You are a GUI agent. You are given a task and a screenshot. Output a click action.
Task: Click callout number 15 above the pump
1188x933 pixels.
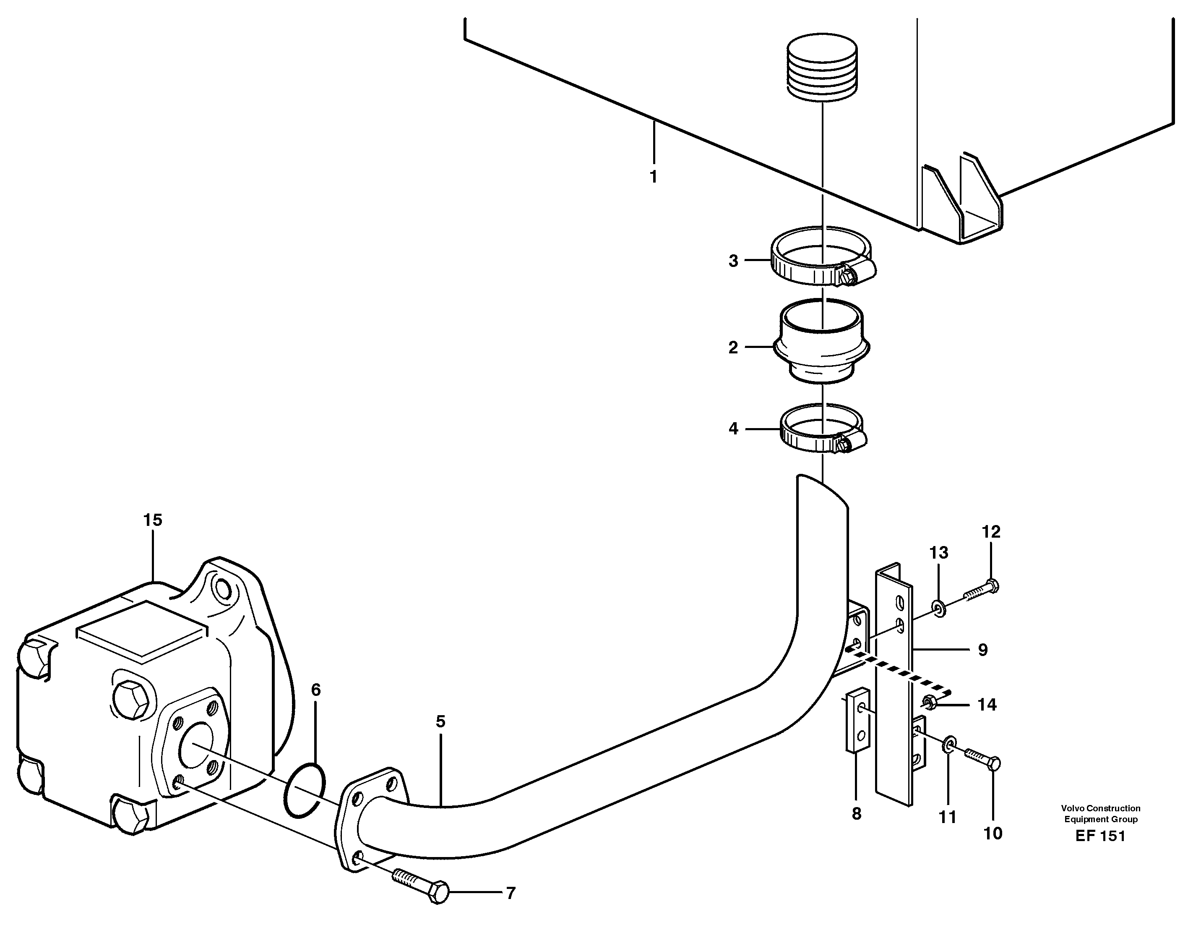pyautogui.click(x=153, y=520)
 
